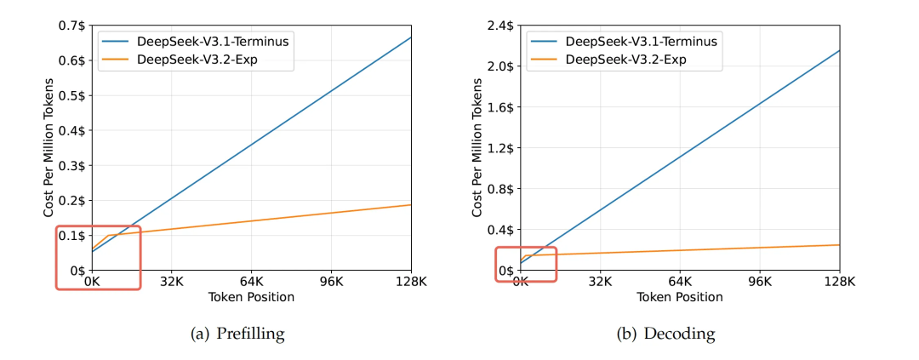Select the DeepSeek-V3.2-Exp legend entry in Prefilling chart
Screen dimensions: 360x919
point(188,59)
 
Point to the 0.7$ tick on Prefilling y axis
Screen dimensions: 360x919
point(71,26)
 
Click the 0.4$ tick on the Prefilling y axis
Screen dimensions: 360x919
point(71,130)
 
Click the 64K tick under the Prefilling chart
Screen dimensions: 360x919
point(251,282)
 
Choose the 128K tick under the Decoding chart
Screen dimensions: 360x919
point(839,282)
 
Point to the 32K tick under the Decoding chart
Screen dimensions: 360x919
point(601,282)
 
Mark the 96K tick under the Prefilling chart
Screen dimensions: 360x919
point(331,282)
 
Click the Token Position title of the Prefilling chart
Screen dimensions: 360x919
point(251,297)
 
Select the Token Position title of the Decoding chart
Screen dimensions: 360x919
point(680,297)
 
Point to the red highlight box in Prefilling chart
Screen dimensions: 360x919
point(98,257)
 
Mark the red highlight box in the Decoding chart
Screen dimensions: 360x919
point(526,264)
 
